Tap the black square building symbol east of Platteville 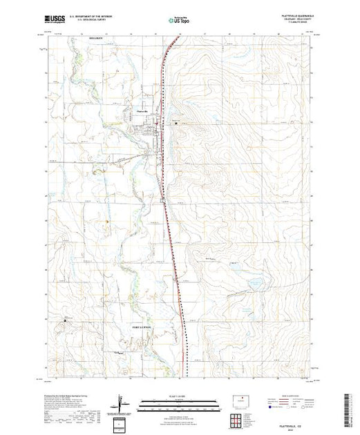[176, 124]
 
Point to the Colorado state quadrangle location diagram [243, 400]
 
